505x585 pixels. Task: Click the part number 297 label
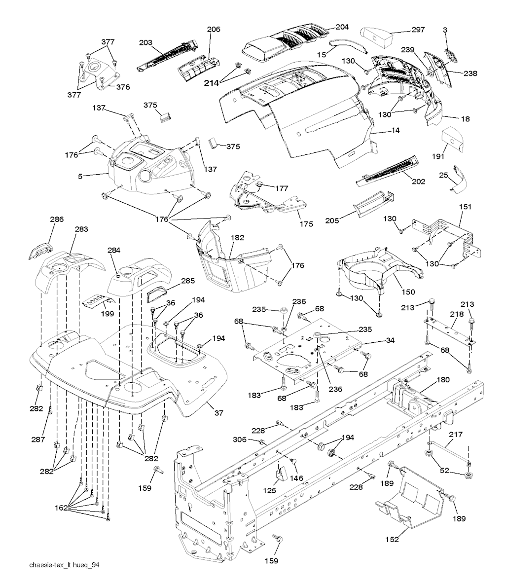[x=418, y=30]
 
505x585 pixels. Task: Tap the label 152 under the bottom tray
[x=393, y=540]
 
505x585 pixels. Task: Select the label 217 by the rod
[x=455, y=435]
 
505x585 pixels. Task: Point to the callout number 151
[x=466, y=208]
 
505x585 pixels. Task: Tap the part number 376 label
[x=123, y=87]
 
